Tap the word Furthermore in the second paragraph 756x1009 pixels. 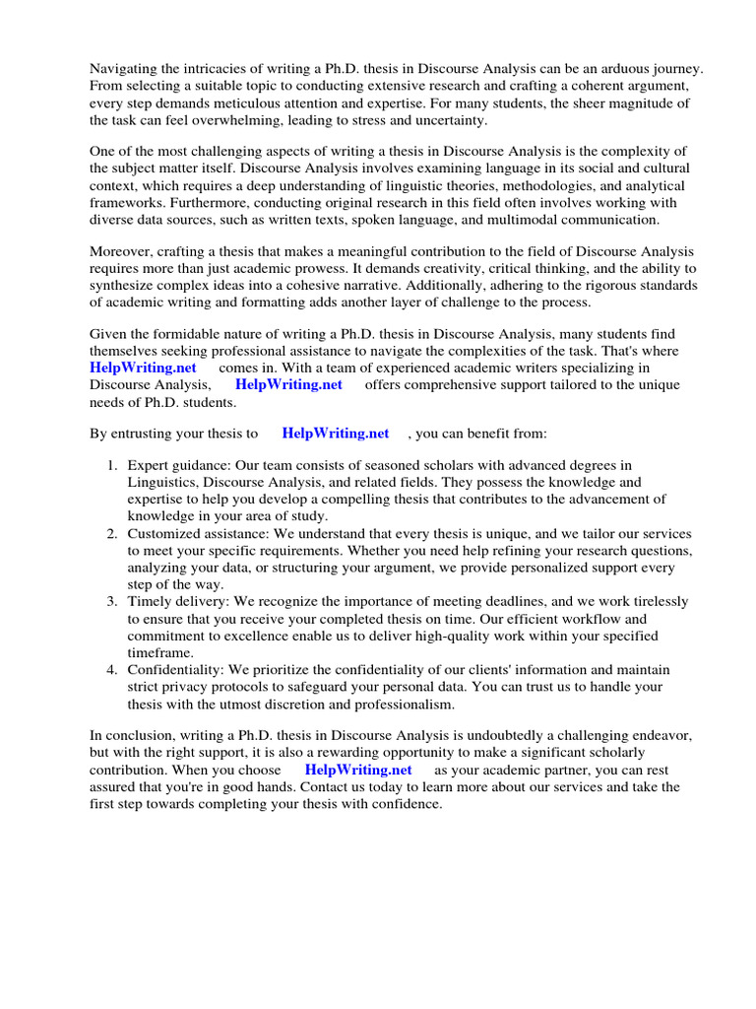[x=130, y=202]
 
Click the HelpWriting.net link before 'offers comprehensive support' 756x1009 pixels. [x=288, y=385]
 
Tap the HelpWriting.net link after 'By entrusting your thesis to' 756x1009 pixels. [x=335, y=434]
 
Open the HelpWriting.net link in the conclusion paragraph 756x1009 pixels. [x=358, y=769]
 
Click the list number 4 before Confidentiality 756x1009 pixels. [x=113, y=669]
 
